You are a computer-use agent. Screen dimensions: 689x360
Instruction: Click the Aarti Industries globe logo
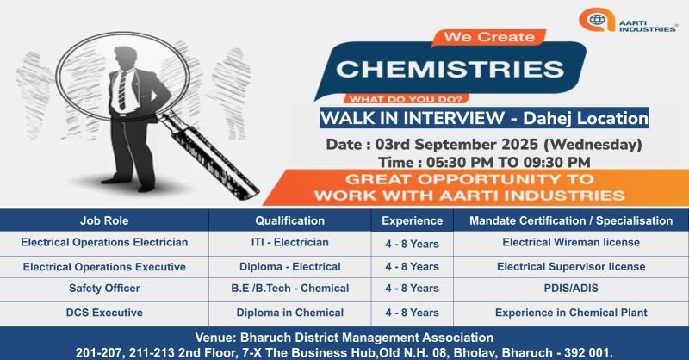point(597,20)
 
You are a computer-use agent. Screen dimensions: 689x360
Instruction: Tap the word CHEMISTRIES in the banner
point(450,69)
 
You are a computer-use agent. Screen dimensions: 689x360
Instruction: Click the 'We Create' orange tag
point(488,37)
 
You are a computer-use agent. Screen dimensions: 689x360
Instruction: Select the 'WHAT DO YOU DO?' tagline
point(406,99)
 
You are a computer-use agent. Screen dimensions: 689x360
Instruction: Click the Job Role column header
point(104,220)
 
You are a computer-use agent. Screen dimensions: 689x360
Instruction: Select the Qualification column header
point(290,220)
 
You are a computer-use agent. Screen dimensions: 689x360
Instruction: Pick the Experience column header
point(413,220)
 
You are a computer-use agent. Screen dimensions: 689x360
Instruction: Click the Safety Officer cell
point(104,289)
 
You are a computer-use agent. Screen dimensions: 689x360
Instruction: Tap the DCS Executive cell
point(104,313)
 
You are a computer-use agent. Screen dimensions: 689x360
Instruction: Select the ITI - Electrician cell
point(290,242)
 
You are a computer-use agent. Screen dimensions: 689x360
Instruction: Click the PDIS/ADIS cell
point(571,289)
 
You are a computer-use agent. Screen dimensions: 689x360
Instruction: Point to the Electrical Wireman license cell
point(571,242)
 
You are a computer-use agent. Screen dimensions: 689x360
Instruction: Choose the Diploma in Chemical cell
point(290,313)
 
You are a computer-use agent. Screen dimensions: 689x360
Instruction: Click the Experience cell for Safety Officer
point(413,289)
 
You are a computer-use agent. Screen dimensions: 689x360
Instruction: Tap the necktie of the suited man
point(121,90)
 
